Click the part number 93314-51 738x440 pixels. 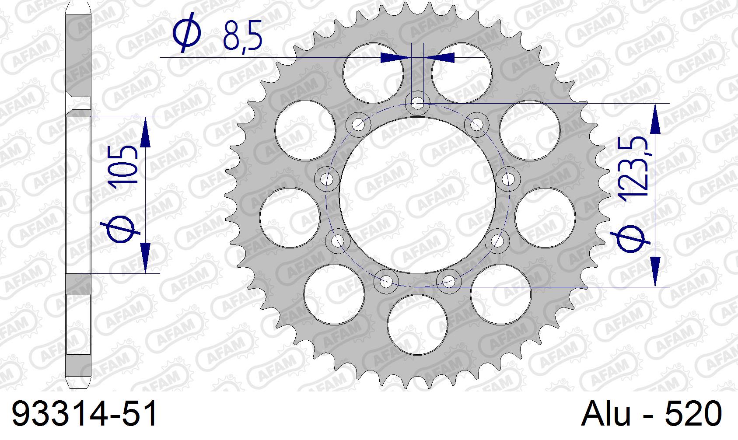click(84, 414)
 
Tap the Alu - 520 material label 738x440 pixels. click(651, 414)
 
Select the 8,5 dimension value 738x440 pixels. click(242, 35)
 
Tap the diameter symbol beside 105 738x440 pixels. click(121, 229)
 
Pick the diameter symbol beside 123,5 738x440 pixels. click(630, 239)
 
